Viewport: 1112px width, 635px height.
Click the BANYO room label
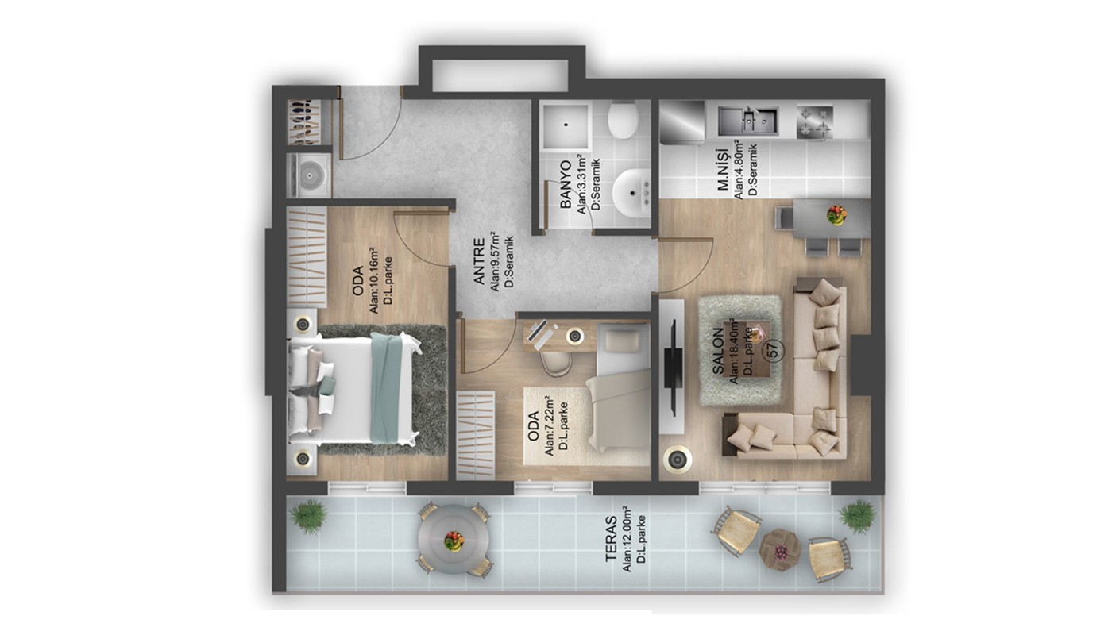tap(565, 185)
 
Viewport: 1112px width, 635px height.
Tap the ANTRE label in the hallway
tap(478, 262)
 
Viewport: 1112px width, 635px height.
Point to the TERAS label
tap(611, 539)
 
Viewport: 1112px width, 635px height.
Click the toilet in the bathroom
tap(623, 120)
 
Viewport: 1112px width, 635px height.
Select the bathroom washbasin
tap(631, 192)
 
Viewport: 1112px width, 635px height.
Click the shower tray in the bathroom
tap(566, 125)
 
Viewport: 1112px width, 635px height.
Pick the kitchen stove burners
tap(815, 121)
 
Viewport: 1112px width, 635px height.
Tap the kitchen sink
tap(747, 121)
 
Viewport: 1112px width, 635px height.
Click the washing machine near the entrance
tap(309, 175)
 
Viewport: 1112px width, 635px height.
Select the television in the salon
tap(673, 368)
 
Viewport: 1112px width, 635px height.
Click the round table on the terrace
tap(454, 540)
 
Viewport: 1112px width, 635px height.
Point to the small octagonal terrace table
tap(780, 550)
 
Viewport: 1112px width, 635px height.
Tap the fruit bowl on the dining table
tap(836, 215)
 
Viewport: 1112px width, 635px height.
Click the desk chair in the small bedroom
tap(555, 364)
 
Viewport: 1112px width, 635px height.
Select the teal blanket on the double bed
tap(386, 388)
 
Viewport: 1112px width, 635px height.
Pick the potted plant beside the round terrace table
tap(309, 517)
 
